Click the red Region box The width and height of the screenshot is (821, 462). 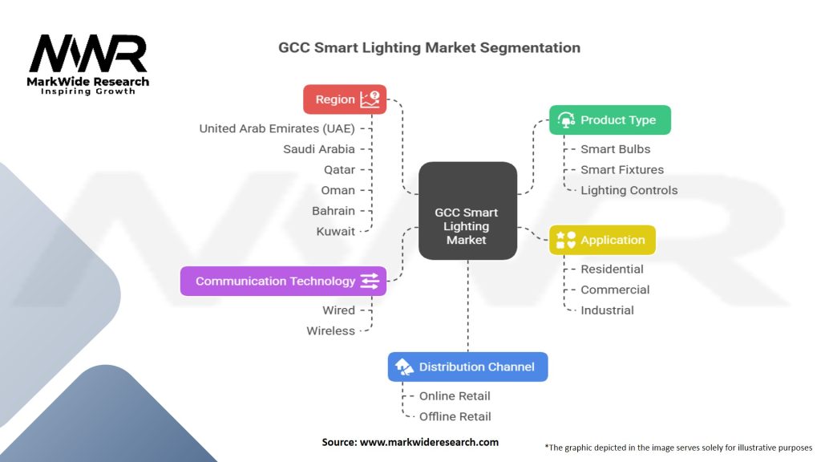click(345, 99)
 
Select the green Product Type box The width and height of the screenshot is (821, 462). click(610, 120)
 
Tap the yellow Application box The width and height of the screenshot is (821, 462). click(602, 240)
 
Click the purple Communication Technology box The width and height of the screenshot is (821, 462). click(283, 281)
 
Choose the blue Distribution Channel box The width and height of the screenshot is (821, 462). click(467, 367)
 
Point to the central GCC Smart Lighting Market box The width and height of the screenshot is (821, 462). click(467, 211)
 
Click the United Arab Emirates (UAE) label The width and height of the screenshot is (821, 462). click(277, 128)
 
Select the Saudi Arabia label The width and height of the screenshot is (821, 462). click(319, 149)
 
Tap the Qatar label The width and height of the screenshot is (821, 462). click(339, 170)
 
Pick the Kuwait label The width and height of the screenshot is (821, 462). click(336, 232)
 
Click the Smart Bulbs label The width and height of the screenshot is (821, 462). click(615, 149)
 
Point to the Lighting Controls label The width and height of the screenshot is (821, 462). click(629, 191)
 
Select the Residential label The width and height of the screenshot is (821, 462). click(612, 269)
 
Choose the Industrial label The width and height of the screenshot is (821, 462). click(607, 310)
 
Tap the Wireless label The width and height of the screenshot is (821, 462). click(331, 331)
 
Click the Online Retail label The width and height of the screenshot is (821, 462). click(455, 396)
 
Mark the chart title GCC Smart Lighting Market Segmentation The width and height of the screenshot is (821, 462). click(429, 47)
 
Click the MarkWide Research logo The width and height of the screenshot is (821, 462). click(88, 64)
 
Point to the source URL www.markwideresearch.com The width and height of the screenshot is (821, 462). click(429, 442)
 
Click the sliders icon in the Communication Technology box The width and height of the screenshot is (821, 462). click(370, 281)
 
